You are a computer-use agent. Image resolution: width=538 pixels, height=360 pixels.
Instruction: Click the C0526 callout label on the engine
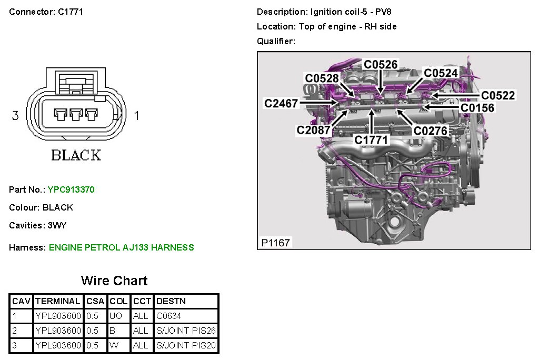pos(381,65)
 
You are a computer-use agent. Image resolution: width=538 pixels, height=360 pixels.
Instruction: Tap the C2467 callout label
pos(281,104)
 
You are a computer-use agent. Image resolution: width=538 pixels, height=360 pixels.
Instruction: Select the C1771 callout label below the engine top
pos(371,140)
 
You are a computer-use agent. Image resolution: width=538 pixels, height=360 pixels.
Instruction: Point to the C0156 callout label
pos(477,108)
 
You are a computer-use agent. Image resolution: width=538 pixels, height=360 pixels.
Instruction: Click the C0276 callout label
pos(430,130)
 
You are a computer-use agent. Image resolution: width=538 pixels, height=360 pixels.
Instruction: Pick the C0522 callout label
pos(498,95)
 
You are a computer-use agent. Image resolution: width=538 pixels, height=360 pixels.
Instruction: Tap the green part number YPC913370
pos(71,189)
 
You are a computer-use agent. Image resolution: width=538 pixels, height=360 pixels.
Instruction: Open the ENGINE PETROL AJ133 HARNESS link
pos(121,247)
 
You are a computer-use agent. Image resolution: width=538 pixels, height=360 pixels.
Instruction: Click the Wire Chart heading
pos(114,281)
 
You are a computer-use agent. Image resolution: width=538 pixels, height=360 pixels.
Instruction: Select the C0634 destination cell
pos(168,316)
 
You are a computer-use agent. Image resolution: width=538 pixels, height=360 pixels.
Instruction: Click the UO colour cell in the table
pos(116,316)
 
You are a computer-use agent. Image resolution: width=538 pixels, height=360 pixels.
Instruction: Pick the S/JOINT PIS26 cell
pos(186,331)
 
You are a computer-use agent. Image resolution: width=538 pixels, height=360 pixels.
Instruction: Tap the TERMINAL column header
pos(58,301)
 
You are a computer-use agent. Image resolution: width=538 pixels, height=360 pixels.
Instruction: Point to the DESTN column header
pos(171,301)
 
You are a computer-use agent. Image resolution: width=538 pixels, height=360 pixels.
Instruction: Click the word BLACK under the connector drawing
pos(76,155)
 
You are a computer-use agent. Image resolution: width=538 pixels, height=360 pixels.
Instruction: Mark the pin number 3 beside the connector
pos(15,115)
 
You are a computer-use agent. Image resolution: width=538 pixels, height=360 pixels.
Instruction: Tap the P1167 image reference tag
pos(275,243)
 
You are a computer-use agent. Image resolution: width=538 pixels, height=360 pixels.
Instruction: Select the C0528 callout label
pos(322,78)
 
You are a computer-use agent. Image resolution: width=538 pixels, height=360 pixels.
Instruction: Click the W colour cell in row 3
pos(114,345)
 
